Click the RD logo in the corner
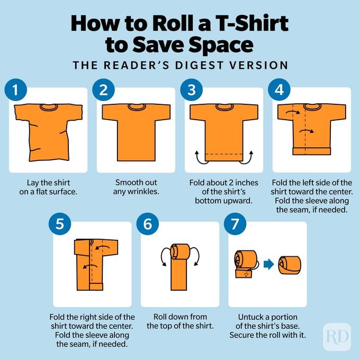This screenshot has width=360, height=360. click(337, 337)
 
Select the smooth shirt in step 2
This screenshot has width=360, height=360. click(136, 130)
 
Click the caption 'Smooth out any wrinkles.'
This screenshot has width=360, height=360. click(136, 187)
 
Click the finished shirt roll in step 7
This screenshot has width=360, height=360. click(290, 264)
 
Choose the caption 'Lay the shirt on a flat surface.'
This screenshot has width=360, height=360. click(49, 187)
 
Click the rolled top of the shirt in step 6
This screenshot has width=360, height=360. click(180, 251)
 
